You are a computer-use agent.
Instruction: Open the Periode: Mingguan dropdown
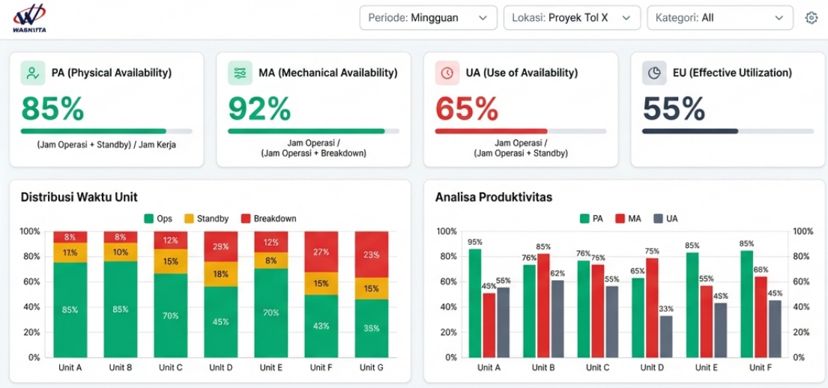click(x=429, y=18)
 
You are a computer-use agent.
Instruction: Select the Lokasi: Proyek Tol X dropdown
click(x=572, y=18)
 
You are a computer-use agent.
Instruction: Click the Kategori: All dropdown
click(x=720, y=18)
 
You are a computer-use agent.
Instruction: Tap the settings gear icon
click(x=811, y=18)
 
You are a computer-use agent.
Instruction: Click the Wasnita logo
click(x=29, y=18)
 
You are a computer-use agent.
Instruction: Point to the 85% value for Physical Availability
click(x=52, y=109)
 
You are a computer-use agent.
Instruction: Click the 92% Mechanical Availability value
click(x=259, y=109)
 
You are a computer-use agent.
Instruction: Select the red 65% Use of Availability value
click(x=466, y=109)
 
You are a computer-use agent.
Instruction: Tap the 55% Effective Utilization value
click(x=674, y=109)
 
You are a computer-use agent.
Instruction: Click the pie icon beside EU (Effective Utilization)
click(x=654, y=73)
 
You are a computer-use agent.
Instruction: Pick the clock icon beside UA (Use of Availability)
click(x=447, y=73)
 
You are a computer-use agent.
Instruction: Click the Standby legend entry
click(x=206, y=219)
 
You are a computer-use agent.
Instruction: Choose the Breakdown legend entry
click(x=268, y=219)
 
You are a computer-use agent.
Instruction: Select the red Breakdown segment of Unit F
click(x=321, y=252)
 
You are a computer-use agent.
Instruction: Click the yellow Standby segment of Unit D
click(x=221, y=274)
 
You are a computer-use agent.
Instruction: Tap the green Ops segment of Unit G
click(x=371, y=328)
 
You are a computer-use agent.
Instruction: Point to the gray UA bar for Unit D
click(x=666, y=337)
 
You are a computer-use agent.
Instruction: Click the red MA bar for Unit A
click(x=489, y=325)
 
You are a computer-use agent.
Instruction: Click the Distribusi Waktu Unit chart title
click(x=79, y=198)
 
